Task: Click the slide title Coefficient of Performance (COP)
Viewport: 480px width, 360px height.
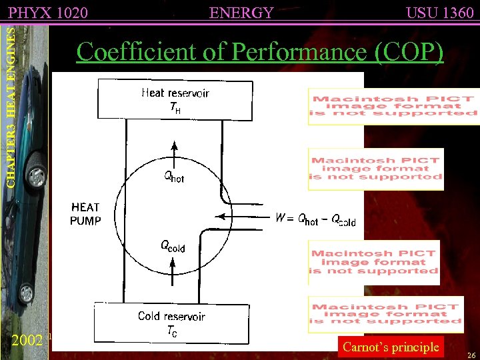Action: click(259, 51)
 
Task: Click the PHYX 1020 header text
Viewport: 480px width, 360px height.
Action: click(48, 12)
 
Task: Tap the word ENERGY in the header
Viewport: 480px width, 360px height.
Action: click(241, 12)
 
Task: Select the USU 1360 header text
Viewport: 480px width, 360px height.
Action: click(439, 12)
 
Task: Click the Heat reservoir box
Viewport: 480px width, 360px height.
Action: click(175, 100)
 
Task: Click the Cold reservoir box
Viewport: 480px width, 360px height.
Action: click(171, 323)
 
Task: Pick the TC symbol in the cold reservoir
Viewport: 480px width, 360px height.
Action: click(171, 331)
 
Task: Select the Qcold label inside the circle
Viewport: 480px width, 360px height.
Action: click(172, 246)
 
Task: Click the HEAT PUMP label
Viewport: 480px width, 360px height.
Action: click(85, 214)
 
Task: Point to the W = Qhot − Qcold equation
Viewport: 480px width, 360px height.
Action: click(315, 219)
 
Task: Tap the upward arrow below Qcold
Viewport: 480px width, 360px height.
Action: click(173, 270)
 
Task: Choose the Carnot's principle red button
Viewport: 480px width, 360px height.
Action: click(391, 347)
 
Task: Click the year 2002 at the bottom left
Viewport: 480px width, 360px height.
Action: click(28, 339)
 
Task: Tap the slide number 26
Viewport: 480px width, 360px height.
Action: click(471, 355)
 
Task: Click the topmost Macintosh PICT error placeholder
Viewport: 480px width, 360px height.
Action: click(393, 107)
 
